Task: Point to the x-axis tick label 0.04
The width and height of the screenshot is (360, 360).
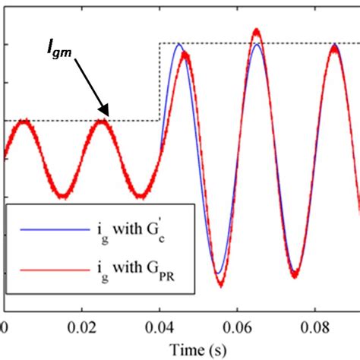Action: pyautogui.click(x=159, y=328)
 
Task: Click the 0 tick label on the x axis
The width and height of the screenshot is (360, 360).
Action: pyautogui.click(x=5, y=328)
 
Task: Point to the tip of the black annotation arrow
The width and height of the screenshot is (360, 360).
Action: pyautogui.click(x=109, y=115)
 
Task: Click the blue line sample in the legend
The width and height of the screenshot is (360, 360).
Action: pyautogui.click(x=39, y=228)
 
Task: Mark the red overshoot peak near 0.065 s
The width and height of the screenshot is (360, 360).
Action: pyautogui.click(x=257, y=31)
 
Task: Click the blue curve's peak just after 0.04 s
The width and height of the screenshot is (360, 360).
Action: pyautogui.click(x=178, y=44)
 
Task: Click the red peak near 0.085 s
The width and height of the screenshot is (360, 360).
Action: pyautogui.click(x=334, y=45)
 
